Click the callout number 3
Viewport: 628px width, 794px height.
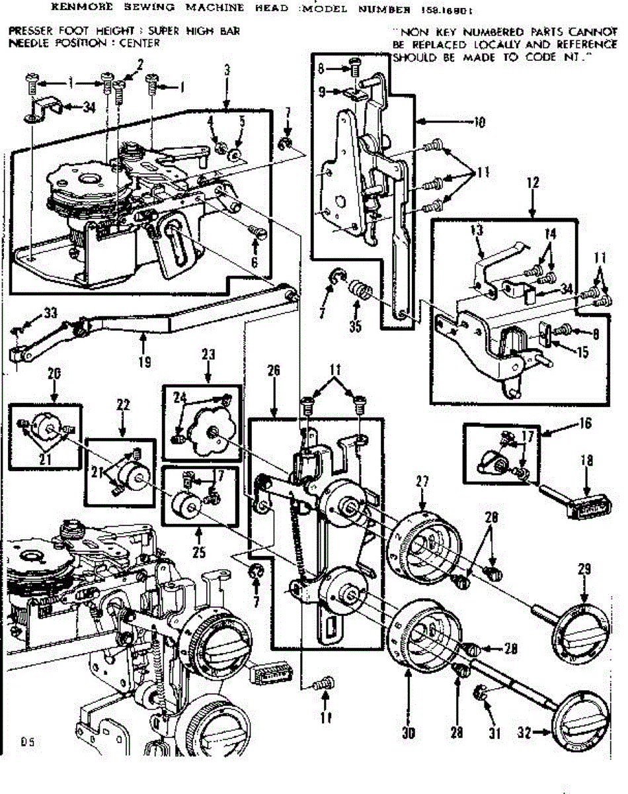pyautogui.click(x=227, y=68)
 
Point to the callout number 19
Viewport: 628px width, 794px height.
pyautogui.click(x=144, y=361)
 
